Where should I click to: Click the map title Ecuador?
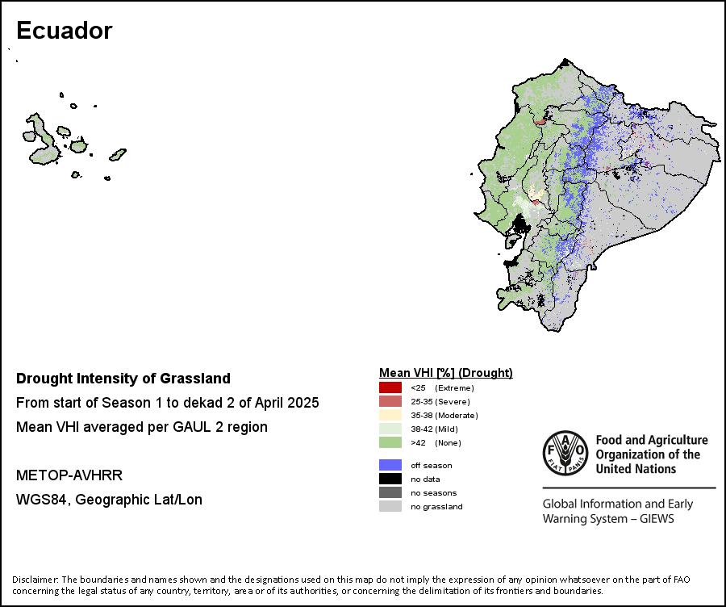[x=65, y=31]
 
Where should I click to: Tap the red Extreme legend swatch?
[x=390, y=387]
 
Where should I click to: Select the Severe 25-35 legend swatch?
[x=390, y=401]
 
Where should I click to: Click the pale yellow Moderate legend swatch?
[x=390, y=415]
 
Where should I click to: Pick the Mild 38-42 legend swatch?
[x=390, y=429]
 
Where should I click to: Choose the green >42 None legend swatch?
[x=390, y=442]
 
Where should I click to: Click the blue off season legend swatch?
[x=390, y=465]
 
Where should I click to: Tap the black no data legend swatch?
[x=390, y=479]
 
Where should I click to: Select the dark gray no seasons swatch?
[x=390, y=492]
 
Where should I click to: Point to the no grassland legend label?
[x=436, y=506]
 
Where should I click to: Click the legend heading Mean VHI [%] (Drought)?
[x=446, y=373]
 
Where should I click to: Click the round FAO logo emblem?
[x=565, y=453]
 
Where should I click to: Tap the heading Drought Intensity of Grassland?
[x=123, y=379]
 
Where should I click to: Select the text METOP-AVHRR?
[x=69, y=475]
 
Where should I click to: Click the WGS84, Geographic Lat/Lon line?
[x=109, y=500]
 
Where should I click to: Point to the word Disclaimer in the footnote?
[x=35, y=580]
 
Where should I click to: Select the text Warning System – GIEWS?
[x=608, y=518]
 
